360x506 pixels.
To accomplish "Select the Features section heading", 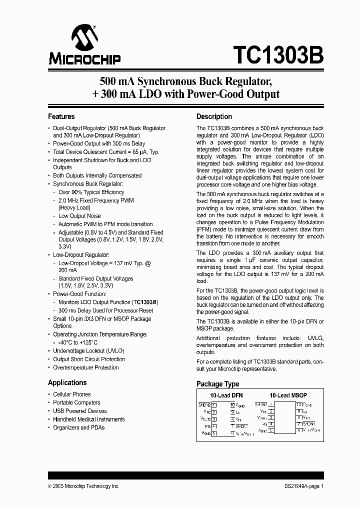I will pos(61,116).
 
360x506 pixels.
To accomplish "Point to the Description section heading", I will pos(214,116).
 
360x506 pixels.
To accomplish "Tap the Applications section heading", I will pos(67,382).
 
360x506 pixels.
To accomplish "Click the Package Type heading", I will pos(217,384).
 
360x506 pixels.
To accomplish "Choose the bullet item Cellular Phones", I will pos(72,394).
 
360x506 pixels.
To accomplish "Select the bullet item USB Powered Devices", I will pos(80,411).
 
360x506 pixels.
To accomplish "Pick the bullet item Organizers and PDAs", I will pos(79,427).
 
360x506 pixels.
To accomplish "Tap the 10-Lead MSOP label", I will pos(288,395).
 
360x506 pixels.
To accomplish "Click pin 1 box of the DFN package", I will pos(214,404).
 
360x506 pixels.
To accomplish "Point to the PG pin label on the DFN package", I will pos(207,425).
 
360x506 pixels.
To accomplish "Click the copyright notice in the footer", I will pos(83,486).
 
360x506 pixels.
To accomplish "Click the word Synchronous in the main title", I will pos(167,80).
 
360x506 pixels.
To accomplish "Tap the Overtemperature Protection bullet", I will pos(86,367).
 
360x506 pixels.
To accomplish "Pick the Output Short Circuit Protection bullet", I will pos(89,359).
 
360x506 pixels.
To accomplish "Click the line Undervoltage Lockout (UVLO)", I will pos(88,351).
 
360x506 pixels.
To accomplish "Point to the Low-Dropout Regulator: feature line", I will pos(81,255).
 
